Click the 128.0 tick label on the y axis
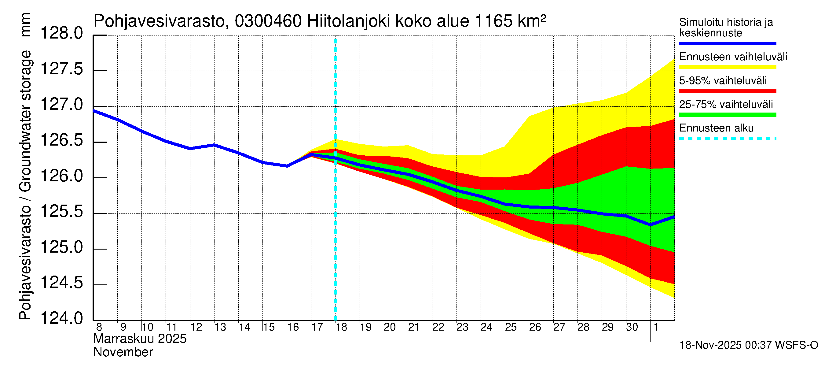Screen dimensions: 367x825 61,33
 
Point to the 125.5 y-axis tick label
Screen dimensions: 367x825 61,212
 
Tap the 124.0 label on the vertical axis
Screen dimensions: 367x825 61,319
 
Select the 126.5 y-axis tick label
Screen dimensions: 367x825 61,140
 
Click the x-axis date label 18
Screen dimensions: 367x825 341,327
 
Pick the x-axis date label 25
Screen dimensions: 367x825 511,327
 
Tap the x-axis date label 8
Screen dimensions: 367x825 99,327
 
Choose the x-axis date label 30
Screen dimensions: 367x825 632,327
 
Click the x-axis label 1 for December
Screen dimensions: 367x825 656,327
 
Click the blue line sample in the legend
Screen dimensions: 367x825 727,43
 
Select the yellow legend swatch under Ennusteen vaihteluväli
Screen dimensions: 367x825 727,67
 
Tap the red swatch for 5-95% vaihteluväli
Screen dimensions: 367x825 727,91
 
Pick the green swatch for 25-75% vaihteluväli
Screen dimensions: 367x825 727,115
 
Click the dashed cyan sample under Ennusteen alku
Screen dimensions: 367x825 727,139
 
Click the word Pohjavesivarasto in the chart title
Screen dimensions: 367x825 159,21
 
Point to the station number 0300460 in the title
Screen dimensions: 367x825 268,21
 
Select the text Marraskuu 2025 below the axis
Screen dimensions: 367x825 140,339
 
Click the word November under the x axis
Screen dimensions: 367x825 123,352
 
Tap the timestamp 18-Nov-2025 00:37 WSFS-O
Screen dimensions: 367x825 748,345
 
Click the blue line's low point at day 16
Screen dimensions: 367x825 287,166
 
